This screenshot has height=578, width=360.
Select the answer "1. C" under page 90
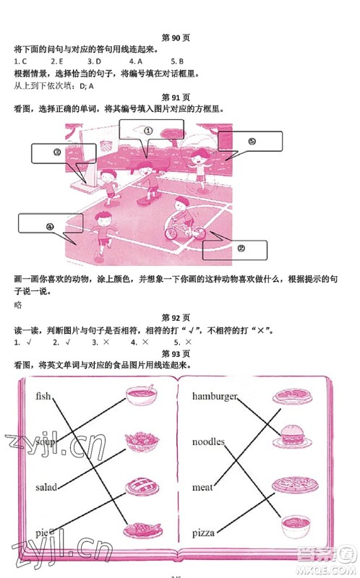(x=20, y=61)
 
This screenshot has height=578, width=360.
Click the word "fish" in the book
(x=43, y=396)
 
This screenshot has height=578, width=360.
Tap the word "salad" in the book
(x=46, y=488)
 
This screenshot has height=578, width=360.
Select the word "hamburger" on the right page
(x=215, y=396)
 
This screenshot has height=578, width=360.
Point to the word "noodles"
(x=208, y=441)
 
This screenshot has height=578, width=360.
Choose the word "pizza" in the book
(x=205, y=533)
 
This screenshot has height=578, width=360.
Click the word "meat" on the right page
(x=202, y=488)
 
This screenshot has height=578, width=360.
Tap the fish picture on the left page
(x=140, y=529)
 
